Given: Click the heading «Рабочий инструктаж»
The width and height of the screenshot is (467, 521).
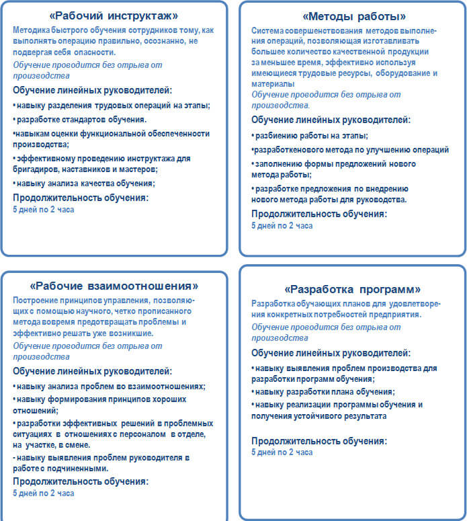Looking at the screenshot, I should pyautogui.click(x=114, y=15).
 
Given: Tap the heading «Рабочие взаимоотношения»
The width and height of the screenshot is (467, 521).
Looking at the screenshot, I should pyautogui.click(x=114, y=286).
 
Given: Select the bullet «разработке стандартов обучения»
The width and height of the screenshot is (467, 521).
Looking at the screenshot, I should pyautogui.click(x=80, y=120).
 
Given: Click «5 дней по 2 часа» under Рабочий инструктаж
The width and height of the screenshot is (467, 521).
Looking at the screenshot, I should pyautogui.click(x=44, y=210).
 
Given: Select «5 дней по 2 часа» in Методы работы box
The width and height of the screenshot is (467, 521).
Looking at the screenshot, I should pyautogui.click(x=282, y=226).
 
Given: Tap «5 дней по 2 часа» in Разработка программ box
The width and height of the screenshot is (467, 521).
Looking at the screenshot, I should pyautogui.click(x=282, y=452).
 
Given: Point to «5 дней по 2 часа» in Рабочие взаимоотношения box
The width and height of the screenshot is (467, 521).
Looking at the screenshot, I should pyautogui.click(x=44, y=493).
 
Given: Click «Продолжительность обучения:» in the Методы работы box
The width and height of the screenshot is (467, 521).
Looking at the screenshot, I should pyautogui.click(x=319, y=214).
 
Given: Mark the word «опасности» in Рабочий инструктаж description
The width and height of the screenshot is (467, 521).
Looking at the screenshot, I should pyautogui.click(x=87, y=51).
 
